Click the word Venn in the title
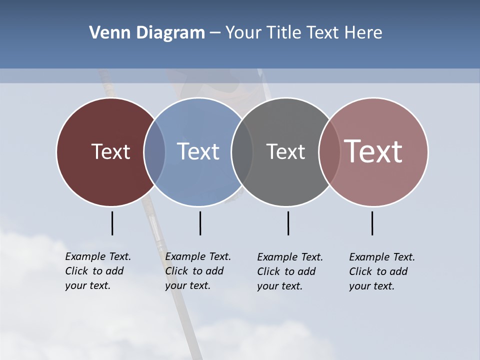105,33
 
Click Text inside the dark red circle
110,151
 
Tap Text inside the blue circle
198,151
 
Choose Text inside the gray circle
285,151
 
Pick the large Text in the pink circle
373,151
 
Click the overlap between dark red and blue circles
154,151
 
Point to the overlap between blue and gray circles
242,151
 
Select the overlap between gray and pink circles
329,151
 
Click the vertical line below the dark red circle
112,223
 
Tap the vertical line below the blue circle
200,223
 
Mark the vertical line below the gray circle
288,223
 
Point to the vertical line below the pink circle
372,223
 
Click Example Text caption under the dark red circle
98,271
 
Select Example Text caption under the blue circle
198,271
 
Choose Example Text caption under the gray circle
290,271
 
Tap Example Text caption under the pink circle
382,271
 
